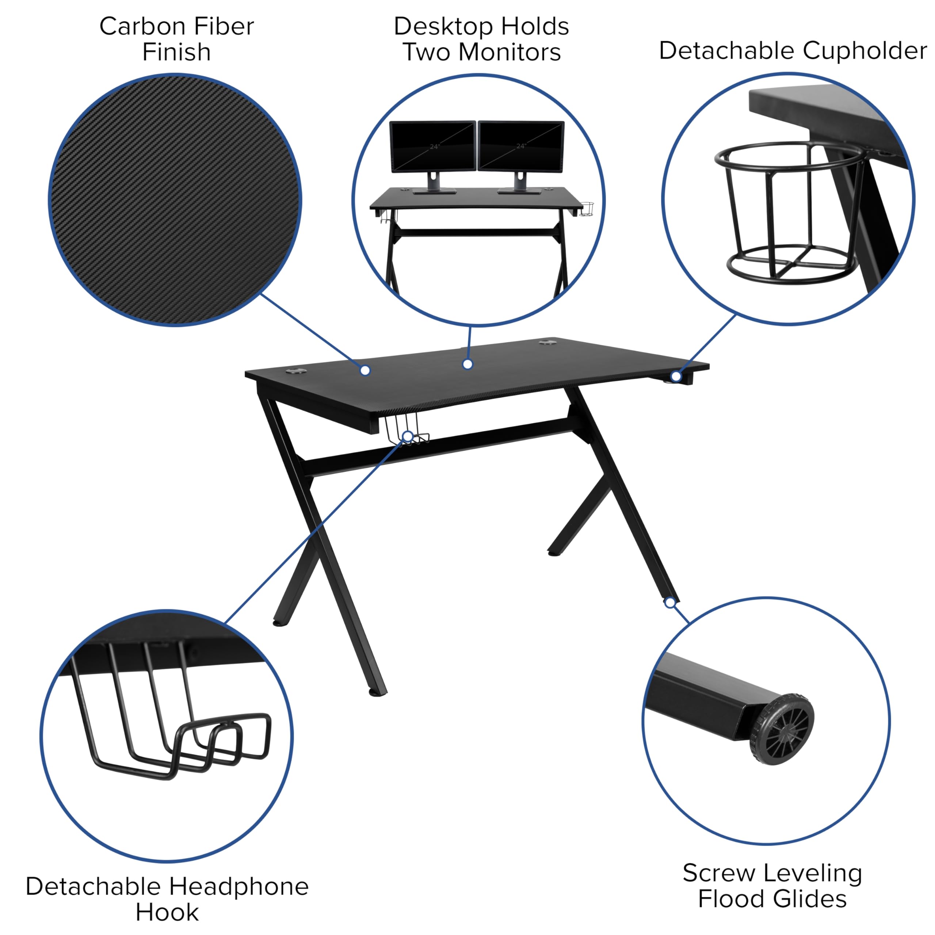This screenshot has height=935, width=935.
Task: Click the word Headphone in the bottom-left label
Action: (238, 886)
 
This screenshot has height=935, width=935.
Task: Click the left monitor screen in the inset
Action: (433, 146)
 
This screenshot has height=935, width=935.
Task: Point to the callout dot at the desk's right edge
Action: (676, 376)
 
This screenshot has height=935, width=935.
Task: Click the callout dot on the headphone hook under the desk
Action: (408, 436)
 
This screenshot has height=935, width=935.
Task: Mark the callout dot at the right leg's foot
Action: (670, 603)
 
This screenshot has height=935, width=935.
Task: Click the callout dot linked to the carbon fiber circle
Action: (365, 370)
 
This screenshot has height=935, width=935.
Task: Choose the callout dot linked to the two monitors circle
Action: (467, 364)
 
